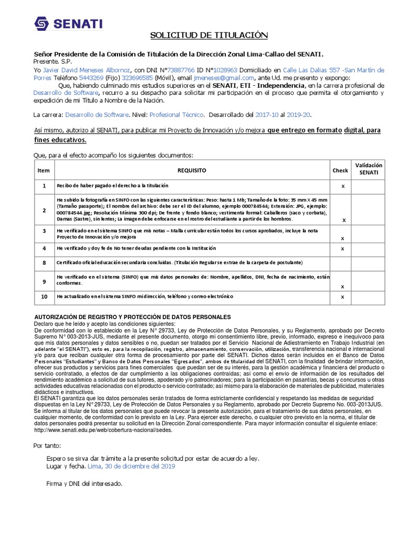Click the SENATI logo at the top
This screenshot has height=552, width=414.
pyautogui.click(x=68, y=24)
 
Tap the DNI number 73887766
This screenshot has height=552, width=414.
pyautogui.click(x=182, y=70)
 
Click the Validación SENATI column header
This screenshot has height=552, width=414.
pyautogui.click(x=368, y=169)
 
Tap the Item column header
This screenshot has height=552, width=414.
pyautogui.click(x=44, y=170)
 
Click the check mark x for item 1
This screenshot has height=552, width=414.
pyautogui.click(x=343, y=186)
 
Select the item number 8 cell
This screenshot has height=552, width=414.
pyautogui.click(x=44, y=263)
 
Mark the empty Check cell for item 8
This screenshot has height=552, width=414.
pyautogui.click(x=340, y=263)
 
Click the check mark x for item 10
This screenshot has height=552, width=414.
pyautogui.click(x=343, y=297)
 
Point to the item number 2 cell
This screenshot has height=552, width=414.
pyautogui.click(x=44, y=210)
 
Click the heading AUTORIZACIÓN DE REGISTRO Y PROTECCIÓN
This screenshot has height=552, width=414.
pyautogui.click(x=133, y=316)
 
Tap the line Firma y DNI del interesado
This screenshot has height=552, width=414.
pyautogui.click(x=85, y=484)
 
